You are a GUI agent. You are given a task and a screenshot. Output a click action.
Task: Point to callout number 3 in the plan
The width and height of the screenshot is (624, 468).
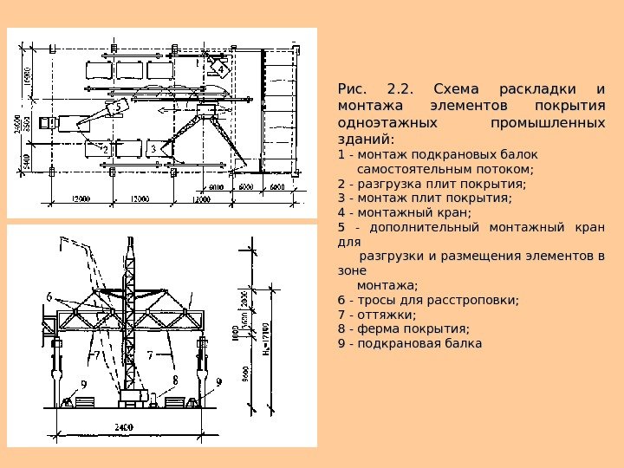tap(153, 149)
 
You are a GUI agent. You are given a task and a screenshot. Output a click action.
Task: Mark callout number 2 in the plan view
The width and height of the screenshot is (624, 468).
tap(106, 149)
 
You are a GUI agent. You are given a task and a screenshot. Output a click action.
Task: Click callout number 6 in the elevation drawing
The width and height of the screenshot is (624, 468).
tap(50, 297)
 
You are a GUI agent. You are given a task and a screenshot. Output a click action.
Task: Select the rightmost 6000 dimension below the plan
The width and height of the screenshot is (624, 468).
tap(277, 186)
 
